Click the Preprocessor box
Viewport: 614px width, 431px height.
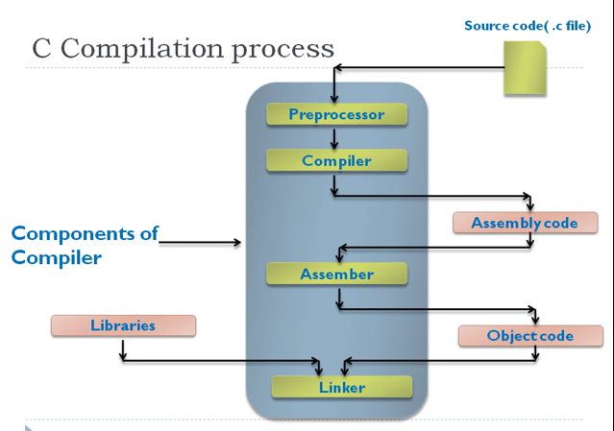coord(335,115)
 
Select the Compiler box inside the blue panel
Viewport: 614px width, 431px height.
coord(335,161)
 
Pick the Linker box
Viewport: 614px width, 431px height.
coord(341,387)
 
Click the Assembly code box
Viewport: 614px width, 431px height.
coord(525,223)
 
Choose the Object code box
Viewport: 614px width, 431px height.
coord(529,336)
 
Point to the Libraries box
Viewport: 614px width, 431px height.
coord(123,325)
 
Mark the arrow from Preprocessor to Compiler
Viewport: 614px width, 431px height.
coord(334,138)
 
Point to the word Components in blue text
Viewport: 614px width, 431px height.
coord(84,235)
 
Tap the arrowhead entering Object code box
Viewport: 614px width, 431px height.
coord(534,321)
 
